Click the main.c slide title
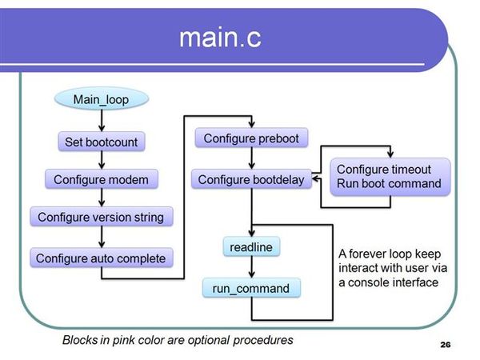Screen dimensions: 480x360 pos(220,38)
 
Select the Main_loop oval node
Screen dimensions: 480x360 pos(102,99)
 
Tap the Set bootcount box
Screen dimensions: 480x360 pos(102,142)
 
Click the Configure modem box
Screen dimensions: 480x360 pos(102,179)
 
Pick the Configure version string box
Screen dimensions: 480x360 pos(102,217)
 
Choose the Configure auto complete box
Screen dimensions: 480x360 pos(102,258)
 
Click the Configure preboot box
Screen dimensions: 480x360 pos(251,138)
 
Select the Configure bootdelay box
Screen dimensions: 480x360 pos(251,179)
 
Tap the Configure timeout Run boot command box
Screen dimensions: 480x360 pos(390,177)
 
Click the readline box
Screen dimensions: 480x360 pos(251,247)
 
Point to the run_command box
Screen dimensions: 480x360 pos(251,288)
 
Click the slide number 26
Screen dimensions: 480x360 pos(446,345)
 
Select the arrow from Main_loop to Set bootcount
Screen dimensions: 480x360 pos(102,121)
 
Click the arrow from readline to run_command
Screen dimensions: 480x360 pos(252,267)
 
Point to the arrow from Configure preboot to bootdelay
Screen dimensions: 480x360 pos(252,158)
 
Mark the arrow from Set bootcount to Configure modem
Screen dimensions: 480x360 pos(102,161)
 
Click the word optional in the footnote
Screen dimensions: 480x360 pos(209,341)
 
